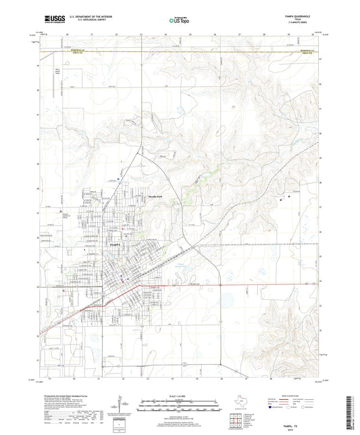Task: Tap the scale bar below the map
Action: click(180, 405)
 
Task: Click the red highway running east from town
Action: click(203, 285)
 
